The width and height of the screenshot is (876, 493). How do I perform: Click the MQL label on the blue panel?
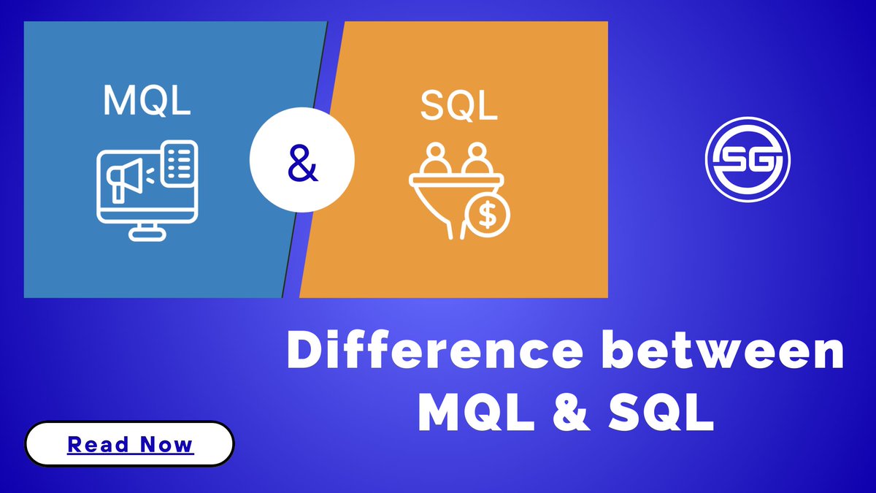(147, 100)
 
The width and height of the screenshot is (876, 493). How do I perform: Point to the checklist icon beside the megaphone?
(179, 163)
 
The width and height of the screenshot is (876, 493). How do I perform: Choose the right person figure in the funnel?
(477, 160)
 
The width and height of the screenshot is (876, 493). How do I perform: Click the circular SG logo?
(748, 161)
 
